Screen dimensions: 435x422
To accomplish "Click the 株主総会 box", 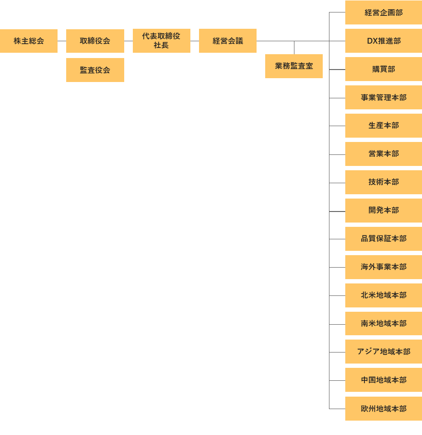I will coord(29,41).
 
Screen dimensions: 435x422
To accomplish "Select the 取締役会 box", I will coord(95,41).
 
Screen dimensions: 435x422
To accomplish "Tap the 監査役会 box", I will coord(95,70).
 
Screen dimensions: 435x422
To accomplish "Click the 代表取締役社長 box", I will coord(161,41).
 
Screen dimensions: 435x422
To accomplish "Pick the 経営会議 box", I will coord(228,41).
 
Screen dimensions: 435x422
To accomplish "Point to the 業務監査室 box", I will coord(294,66).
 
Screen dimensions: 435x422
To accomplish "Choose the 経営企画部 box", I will coord(384,12).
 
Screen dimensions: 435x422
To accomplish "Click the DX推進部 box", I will coord(384,41).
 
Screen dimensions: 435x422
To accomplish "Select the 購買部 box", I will coord(384,69).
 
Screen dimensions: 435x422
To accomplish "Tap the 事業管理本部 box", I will coord(384,97).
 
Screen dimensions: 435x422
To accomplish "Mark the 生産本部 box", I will coord(384,126).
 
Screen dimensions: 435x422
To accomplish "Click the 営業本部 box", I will coord(384,154).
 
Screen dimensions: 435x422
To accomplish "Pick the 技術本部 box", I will coord(384,182).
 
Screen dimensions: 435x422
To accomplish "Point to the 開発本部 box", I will coord(384,211).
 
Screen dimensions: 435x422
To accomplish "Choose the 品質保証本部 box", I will coord(384,239).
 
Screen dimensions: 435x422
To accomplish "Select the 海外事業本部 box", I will coord(384,267).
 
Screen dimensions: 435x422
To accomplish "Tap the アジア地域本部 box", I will coord(384,352).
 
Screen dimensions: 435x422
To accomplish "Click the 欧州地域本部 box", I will coord(384,409).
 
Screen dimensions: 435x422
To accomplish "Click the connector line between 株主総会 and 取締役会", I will coord(62,41).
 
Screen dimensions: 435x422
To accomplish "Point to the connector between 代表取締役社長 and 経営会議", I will coord(195,41).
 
